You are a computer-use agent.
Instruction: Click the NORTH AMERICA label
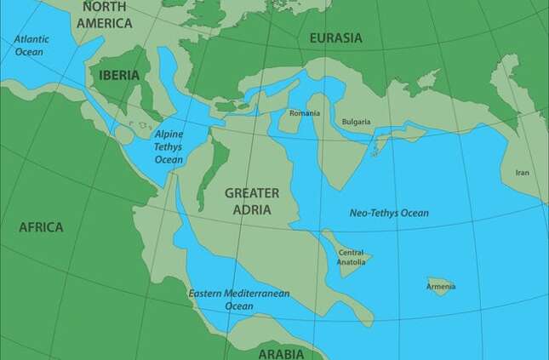105,14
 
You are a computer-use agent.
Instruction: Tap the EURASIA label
335,38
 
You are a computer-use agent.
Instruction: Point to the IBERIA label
119,75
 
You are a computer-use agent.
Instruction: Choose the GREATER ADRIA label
252,200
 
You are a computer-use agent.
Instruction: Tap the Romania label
304,113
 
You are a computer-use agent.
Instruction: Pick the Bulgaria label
356,122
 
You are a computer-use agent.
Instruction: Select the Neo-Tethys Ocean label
390,213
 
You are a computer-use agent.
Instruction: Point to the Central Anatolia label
352,257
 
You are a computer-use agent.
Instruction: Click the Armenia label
441,287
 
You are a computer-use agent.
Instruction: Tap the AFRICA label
41,227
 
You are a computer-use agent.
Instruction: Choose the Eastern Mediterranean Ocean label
239,300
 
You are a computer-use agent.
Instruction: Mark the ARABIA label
280,352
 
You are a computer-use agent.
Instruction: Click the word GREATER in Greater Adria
252,192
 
